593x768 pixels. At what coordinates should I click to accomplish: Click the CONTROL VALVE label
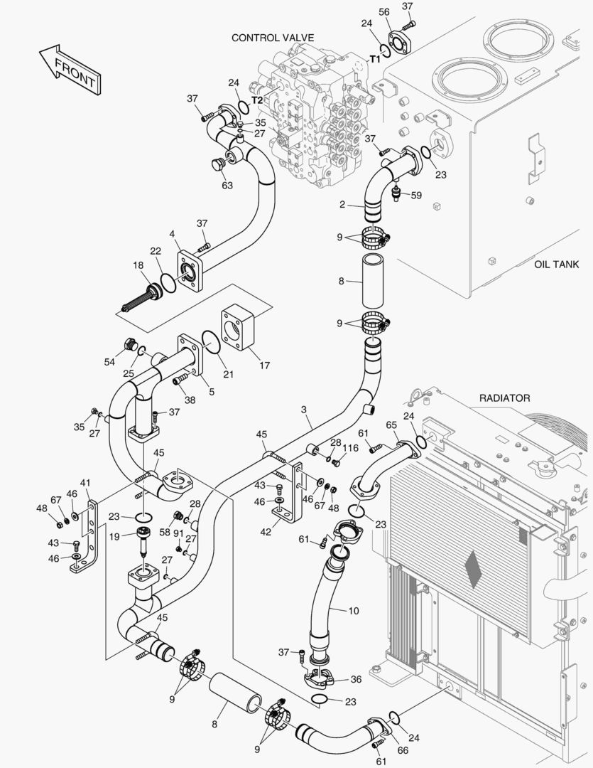point(273,38)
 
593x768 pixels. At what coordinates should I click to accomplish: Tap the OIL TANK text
point(556,265)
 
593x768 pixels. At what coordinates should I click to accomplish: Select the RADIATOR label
point(504,398)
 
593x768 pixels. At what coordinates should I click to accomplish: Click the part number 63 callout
point(227,186)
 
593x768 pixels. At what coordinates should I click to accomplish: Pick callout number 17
point(264,366)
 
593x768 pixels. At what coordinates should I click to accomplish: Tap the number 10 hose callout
point(354,610)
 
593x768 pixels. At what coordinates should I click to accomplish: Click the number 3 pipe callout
point(303,410)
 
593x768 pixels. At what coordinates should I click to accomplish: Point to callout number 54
point(109,362)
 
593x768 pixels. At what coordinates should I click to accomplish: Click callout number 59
point(416,195)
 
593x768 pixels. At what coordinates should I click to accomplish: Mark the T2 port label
point(257,100)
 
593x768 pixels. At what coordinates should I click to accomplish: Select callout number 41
point(85,483)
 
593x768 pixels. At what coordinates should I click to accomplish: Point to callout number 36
point(356,679)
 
